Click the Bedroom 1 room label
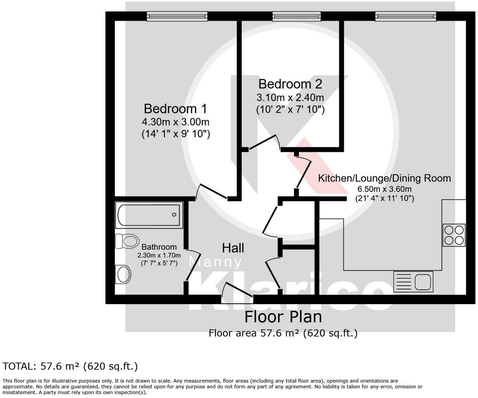[175, 109]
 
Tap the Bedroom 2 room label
[290, 84]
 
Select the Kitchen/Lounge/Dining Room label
[384, 178]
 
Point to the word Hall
[233, 248]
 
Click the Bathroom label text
[159, 247]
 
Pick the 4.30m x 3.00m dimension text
[176, 122]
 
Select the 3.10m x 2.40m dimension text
[290, 98]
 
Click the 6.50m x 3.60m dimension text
[384, 189]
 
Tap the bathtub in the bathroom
[149, 215]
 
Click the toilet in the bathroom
[127, 241]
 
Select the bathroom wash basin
[123, 274]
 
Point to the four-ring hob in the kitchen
[454, 235]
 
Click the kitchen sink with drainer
[413, 282]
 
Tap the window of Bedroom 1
[177, 16]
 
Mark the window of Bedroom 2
[296, 16]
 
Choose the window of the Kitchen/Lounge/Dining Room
[406, 16]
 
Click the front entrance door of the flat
[237, 293]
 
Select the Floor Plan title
[283, 317]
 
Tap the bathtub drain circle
[174, 215]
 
